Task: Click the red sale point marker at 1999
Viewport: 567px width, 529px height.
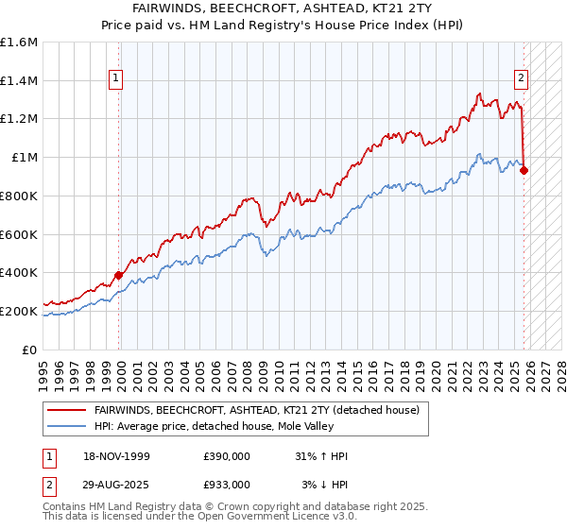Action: coord(119,275)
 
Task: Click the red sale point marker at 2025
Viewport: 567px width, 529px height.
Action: coord(524,171)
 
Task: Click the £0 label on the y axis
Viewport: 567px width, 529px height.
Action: coord(30,350)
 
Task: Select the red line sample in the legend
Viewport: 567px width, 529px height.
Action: coord(67,410)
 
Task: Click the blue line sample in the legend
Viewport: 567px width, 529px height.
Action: coord(67,425)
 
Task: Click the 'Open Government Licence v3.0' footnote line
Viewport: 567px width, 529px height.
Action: coord(209,519)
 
